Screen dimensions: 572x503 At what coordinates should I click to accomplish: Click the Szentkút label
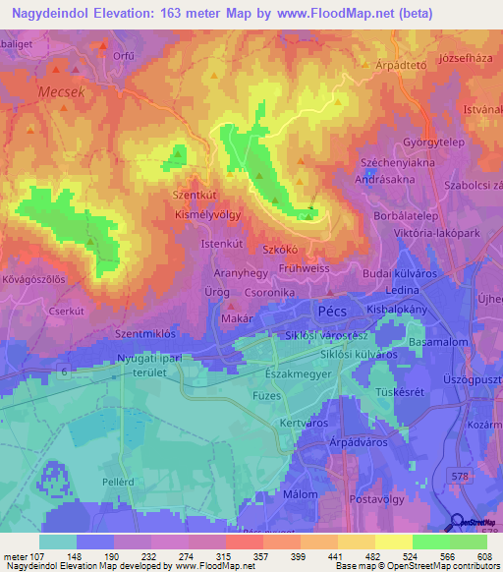click(x=195, y=195)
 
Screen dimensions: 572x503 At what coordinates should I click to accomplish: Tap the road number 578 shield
click(x=459, y=475)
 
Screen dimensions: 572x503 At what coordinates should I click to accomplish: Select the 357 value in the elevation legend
click(x=242, y=556)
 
